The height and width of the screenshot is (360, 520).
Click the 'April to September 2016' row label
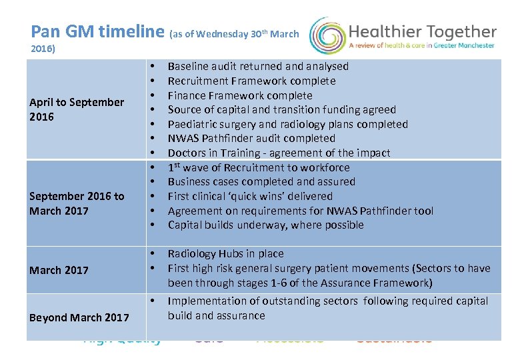pos(76,109)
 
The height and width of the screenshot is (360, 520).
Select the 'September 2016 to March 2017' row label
pos(76,203)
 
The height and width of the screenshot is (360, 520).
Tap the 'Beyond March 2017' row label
pos(79,317)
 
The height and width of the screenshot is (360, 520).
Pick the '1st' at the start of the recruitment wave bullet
pos(175,167)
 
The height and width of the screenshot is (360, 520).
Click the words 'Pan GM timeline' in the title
pos(97,31)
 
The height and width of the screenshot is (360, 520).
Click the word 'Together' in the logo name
pos(459,32)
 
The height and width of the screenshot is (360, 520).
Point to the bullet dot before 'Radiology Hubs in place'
pos(153,253)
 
